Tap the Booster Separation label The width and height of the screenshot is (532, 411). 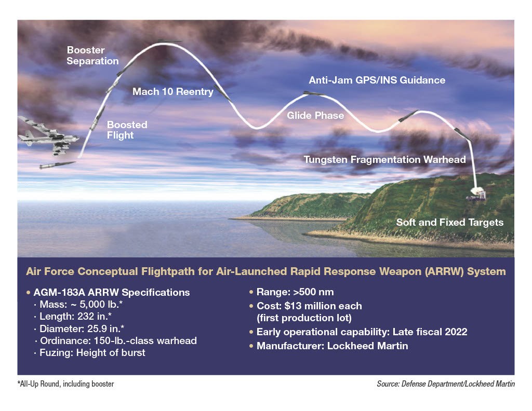click(92, 56)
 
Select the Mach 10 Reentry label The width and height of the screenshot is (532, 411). click(172, 92)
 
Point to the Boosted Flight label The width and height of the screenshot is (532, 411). click(127, 130)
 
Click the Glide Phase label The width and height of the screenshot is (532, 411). click(315, 115)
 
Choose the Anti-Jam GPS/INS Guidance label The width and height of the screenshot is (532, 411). click(377, 80)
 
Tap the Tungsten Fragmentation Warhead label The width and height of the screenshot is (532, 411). click(384, 159)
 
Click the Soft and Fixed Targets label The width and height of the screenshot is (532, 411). click(449, 222)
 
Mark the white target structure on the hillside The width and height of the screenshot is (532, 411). click(475, 194)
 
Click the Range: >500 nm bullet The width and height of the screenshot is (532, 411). click(289, 293)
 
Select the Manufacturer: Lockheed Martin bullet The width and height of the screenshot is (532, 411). click(332, 346)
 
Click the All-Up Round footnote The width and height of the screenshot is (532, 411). click(65, 384)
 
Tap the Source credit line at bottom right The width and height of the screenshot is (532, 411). click(445, 385)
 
